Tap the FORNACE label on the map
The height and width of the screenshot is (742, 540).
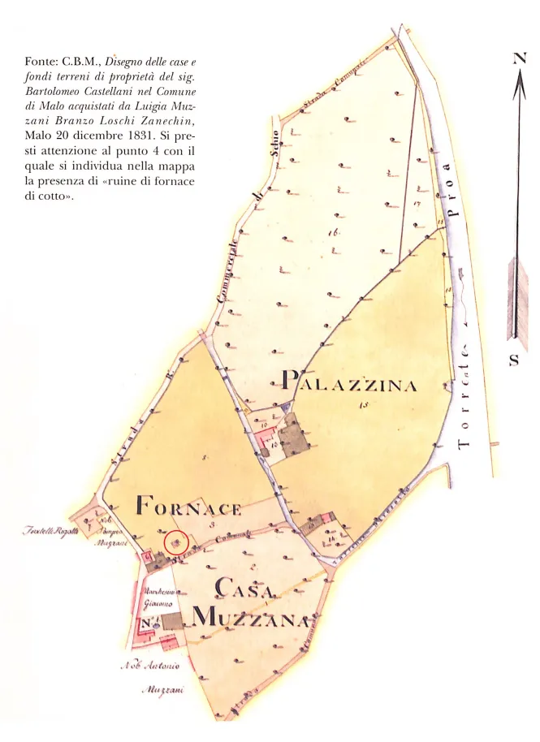click(188, 508)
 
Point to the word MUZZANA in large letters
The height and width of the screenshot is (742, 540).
click(250, 619)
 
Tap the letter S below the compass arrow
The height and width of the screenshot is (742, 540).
click(515, 360)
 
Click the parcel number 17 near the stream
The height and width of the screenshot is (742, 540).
click(415, 205)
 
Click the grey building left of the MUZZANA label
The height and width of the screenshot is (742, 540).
click(172, 622)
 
